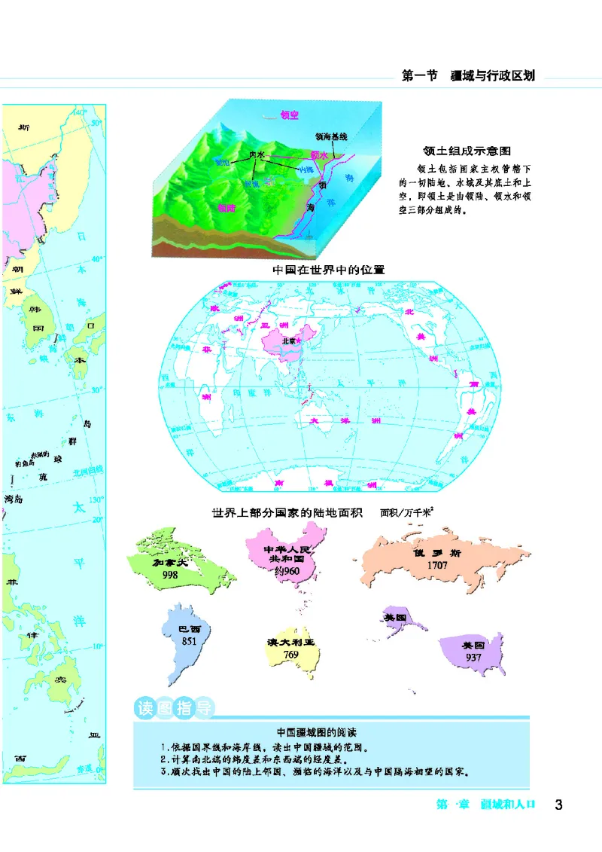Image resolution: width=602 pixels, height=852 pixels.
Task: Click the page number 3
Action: pos(558,804)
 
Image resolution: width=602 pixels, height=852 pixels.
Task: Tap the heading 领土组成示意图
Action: pos(468,151)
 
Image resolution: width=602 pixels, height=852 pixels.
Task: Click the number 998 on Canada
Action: pos(171,575)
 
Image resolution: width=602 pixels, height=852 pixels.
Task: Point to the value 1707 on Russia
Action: pos(437,564)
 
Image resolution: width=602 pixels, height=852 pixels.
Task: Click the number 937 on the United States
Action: pos(473,656)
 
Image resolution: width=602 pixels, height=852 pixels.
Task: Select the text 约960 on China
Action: pos(286,572)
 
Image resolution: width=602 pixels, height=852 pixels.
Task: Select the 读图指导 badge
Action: pos(173,708)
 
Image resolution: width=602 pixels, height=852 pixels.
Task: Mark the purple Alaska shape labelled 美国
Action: pos(397,618)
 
